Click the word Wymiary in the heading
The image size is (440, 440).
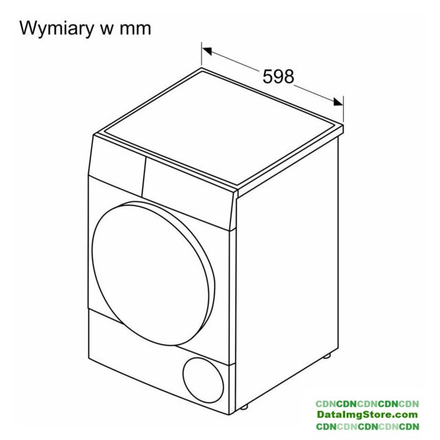[x=57, y=29]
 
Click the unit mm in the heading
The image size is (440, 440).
[x=135, y=29]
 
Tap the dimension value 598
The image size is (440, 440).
[x=278, y=76]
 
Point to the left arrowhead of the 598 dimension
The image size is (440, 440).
[x=207, y=51]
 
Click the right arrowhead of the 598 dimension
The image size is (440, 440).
[x=338, y=102]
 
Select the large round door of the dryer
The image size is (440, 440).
[x=153, y=274]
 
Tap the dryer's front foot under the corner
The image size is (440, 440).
[x=243, y=406]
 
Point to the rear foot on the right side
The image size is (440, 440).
[x=327, y=356]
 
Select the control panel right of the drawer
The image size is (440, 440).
[x=188, y=194]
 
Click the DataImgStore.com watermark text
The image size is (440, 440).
[x=367, y=415]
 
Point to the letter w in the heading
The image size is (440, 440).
[x=106, y=30]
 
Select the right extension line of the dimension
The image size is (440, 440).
[x=343, y=110]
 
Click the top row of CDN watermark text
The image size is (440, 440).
[x=367, y=404]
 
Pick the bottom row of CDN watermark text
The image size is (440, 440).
[x=367, y=426]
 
